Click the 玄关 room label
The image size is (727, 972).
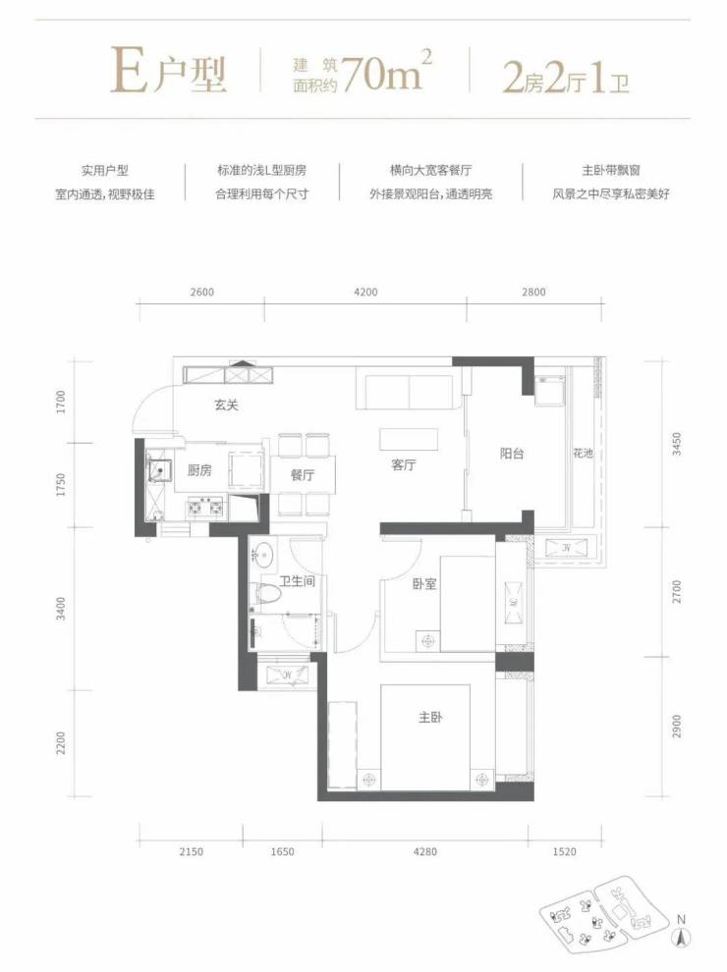(226, 405)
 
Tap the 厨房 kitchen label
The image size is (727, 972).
(199, 470)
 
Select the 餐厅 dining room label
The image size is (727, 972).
(302, 475)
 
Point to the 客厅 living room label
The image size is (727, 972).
(403, 464)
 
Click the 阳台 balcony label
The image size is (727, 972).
(512, 454)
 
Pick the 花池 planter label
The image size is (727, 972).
(584, 454)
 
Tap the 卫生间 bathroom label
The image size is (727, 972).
(297, 581)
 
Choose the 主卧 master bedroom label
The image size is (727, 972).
(430, 718)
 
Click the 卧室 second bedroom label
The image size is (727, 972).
(425, 583)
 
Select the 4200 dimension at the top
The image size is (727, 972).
(365, 292)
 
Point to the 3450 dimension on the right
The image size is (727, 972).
(676, 444)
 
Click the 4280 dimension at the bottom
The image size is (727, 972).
(425, 852)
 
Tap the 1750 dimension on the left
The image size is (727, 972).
(60, 485)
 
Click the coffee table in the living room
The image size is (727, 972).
(409, 440)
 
